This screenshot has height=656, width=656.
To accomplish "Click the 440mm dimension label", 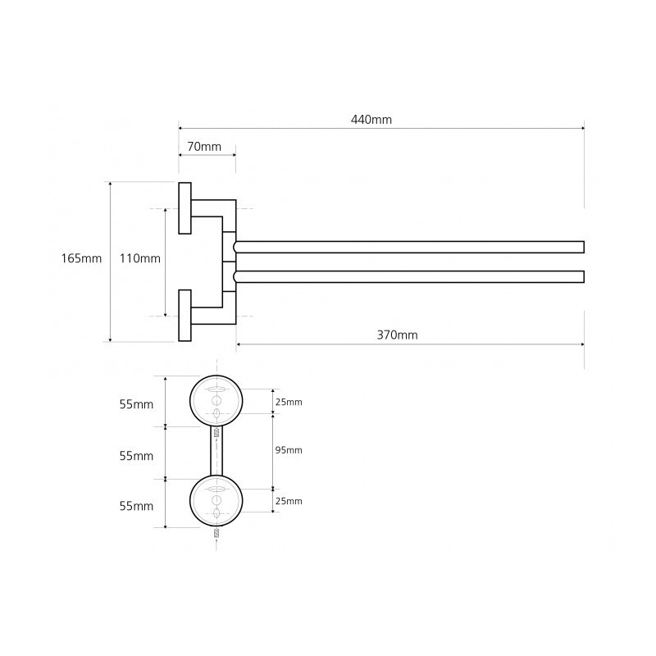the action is [x=371, y=120].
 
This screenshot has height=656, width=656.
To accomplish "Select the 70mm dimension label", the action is [x=204, y=147].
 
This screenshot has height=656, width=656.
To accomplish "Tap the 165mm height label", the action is [x=81, y=258].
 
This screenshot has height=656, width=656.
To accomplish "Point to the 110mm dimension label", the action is [x=139, y=258].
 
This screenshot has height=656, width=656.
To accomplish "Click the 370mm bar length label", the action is [x=397, y=335].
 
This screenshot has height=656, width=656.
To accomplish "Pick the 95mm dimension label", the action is [x=289, y=450].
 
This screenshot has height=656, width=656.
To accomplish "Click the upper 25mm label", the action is [x=289, y=402].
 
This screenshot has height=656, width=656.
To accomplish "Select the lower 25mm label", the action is [x=289, y=501].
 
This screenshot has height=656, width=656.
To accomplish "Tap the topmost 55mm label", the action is [x=136, y=404].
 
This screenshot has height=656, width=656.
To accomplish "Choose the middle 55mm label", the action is [x=136, y=456].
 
